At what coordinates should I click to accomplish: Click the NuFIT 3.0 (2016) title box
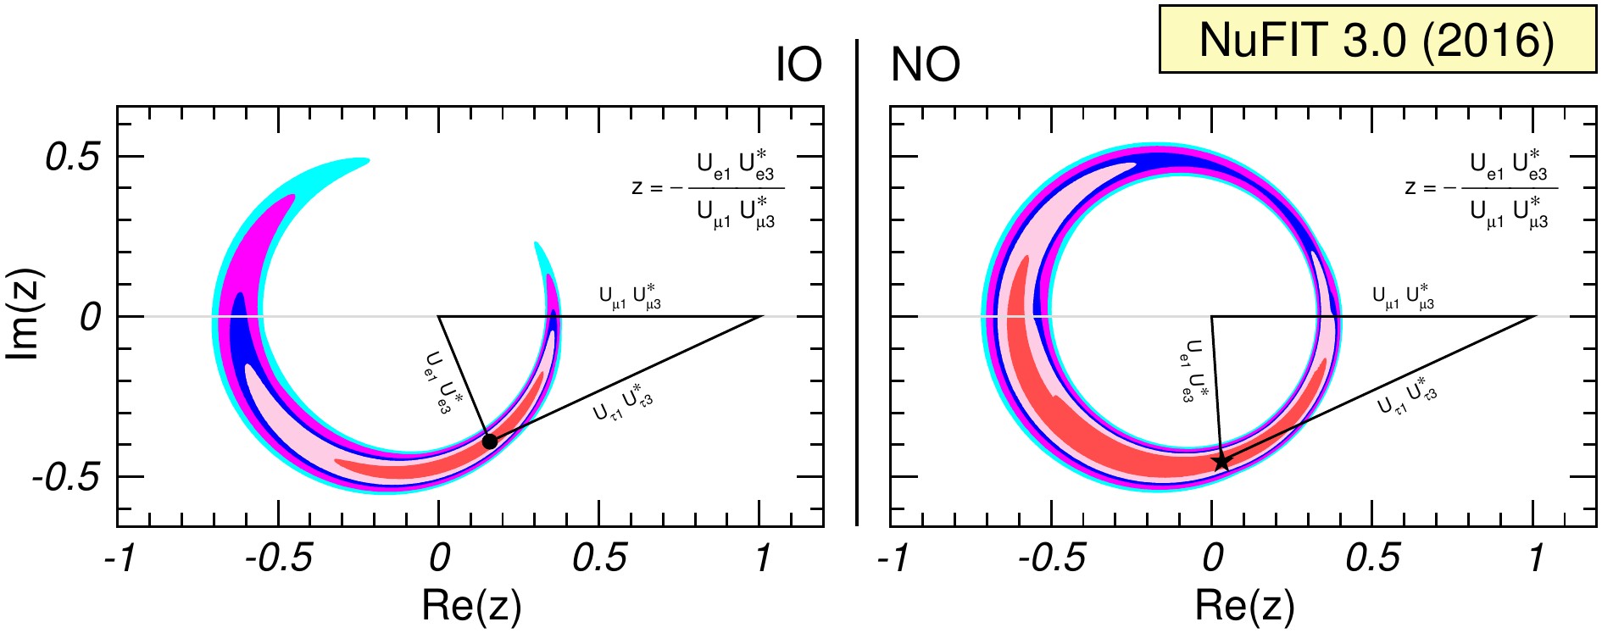pyautogui.click(x=1377, y=40)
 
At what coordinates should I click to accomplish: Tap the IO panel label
pyautogui.click(x=799, y=64)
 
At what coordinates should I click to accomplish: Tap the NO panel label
pyautogui.click(x=926, y=64)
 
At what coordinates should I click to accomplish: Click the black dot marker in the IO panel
pyautogui.click(x=490, y=441)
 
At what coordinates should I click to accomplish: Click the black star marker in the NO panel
pyautogui.click(x=1221, y=461)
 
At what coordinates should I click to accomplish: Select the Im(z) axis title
pyautogui.click(x=24, y=315)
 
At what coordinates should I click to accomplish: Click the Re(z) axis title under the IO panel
pyautogui.click(x=471, y=605)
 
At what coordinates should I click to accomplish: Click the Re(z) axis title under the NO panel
pyautogui.click(x=1244, y=605)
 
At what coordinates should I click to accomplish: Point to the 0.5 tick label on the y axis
pyautogui.click(x=73, y=157)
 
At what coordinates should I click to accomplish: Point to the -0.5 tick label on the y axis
pyautogui.click(x=66, y=477)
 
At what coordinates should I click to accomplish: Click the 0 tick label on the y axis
pyautogui.click(x=91, y=318)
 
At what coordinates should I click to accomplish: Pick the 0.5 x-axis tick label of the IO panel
pyautogui.click(x=600, y=558)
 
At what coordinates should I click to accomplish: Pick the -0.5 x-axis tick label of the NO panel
pyautogui.click(x=1051, y=558)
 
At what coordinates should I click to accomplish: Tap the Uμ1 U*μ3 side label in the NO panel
pyautogui.click(x=1404, y=296)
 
